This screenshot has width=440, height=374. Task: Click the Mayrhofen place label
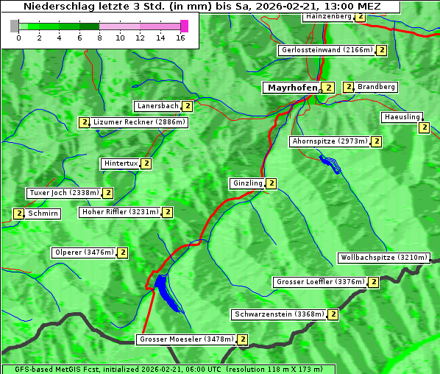pyautogui.click(x=292, y=88)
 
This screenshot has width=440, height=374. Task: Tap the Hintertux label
pyautogui.click(x=121, y=163)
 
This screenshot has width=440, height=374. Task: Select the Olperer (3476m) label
pyautogui.click(x=84, y=253)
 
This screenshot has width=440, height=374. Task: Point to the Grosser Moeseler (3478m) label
pyautogui.click(x=186, y=339)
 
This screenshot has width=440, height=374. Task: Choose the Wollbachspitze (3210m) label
pyautogui.click(x=383, y=258)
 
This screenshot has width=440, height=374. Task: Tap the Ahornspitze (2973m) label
pyautogui.click(x=329, y=141)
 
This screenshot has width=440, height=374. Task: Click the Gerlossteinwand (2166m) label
pyautogui.click(x=326, y=50)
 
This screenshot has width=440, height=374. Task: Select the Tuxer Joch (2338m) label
pyautogui.click(x=63, y=193)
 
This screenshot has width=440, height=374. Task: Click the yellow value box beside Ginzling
pyautogui.click(x=272, y=183)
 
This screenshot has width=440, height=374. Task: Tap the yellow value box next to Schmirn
pyautogui.click(x=18, y=214)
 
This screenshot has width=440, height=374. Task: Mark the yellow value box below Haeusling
pyautogui.click(x=424, y=127)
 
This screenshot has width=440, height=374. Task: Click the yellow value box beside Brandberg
pyautogui.click(x=349, y=87)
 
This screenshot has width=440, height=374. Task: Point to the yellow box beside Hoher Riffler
pyautogui.click(x=168, y=212)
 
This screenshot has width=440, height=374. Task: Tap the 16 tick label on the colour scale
pyautogui.click(x=180, y=38)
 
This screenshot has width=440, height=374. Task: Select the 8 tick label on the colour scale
pyautogui.click(x=99, y=38)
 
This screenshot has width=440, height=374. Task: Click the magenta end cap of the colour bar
pyautogui.click(x=184, y=26)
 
